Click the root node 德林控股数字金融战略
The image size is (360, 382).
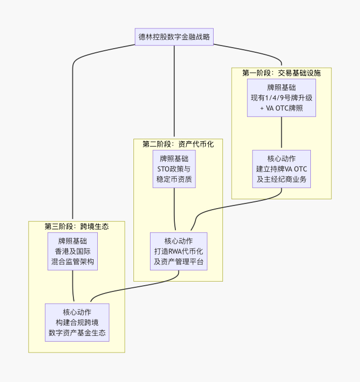(174, 37)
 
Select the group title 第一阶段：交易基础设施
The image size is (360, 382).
(281, 73)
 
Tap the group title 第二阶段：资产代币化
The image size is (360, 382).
(178, 144)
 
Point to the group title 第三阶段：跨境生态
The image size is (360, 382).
(77, 226)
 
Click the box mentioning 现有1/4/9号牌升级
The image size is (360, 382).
(281, 97)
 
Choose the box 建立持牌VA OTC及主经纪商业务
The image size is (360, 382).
(281, 169)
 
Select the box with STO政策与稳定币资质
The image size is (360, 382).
(174, 169)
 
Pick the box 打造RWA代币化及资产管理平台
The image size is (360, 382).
(178, 251)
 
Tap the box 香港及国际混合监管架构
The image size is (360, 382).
(72, 251)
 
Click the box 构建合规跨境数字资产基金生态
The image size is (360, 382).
(77, 322)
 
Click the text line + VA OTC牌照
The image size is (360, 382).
(281, 108)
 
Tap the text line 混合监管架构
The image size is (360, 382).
(72, 262)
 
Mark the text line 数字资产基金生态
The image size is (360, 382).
(77, 333)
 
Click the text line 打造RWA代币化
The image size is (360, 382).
(178, 251)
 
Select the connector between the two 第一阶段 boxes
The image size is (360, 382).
(281, 133)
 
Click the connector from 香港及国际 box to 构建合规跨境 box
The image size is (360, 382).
(72, 286)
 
